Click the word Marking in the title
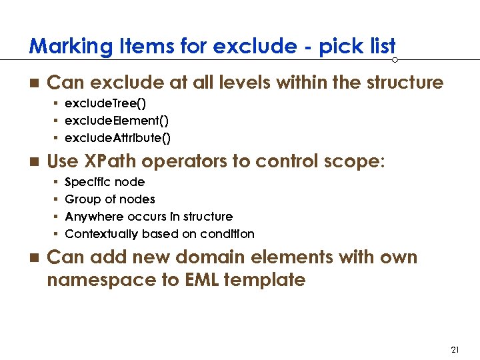[61, 47]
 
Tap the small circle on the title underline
[395, 60]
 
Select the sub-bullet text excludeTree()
[105, 104]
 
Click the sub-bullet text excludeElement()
[117, 121]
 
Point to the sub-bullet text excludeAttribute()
[118, 138]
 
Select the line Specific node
[105, 182]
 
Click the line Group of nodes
[110, 199]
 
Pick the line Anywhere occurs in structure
[149, 217]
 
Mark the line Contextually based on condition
[159, 234]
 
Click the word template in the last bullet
[265, 280]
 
